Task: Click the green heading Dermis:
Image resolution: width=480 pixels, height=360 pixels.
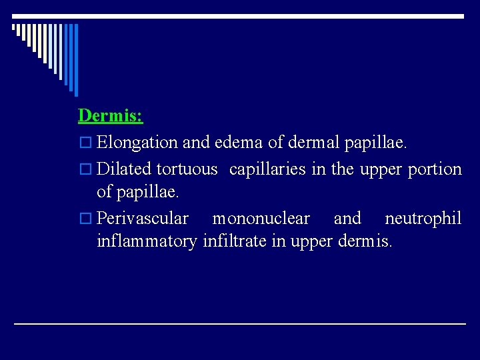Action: click(110, 115)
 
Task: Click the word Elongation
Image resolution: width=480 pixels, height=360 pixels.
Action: click(137, 142)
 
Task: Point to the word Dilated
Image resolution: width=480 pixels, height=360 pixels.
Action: click(124, 169)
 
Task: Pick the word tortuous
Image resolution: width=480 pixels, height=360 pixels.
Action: click(187, 169)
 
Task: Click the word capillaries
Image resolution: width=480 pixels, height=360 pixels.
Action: click(268, 169)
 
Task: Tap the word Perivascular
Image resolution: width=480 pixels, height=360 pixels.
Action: click(143, 219)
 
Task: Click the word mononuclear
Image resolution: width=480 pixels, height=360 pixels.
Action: click(261, 219)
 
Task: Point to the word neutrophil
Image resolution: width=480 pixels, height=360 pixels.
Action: click(423, 219)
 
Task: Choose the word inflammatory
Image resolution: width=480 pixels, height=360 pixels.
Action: click(147, 240)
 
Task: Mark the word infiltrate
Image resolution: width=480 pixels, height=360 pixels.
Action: click(234, 240)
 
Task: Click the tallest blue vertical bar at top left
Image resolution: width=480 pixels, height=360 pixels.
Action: click(75, 60)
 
